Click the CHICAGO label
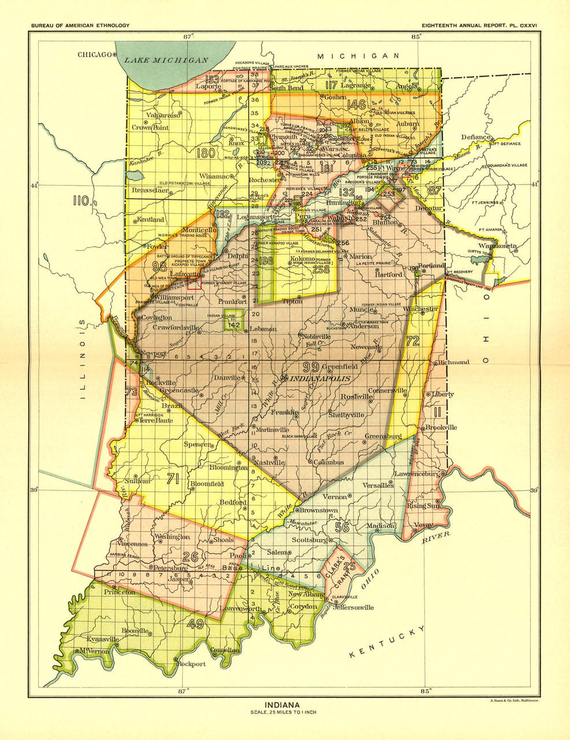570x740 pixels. pos(94,54)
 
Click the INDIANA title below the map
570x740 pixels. pos(282,705)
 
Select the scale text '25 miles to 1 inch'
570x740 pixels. pos(282,712)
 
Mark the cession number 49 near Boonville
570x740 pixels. pos(195,623)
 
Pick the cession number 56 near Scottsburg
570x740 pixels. pos(342,527)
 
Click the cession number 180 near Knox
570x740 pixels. pos(205,154)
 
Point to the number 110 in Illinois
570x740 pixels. pos(81,201)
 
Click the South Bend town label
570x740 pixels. pos(287,88)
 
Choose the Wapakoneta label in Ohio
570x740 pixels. pos(497,246)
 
